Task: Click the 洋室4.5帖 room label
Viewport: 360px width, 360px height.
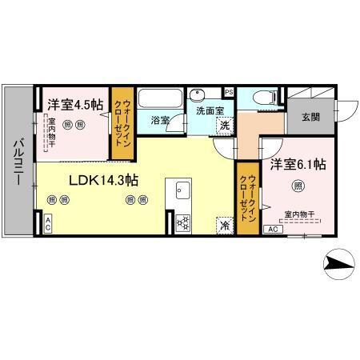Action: (x=75, y=104)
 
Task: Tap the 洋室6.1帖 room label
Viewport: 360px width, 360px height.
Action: (x=297, y=165)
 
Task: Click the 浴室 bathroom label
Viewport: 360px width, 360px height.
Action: (x=160, y=121)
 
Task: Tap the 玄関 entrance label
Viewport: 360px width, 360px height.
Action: (x=311, y=118)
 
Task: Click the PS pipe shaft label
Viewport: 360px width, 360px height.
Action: (x=229, y=92)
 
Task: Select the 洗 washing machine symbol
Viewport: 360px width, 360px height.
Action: (x=226, y=125)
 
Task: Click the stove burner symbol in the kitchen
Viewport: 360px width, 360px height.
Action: (x=182, y=222)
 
